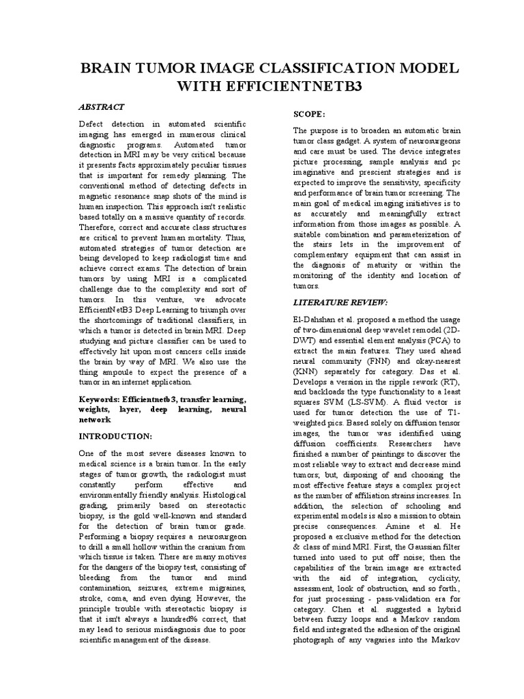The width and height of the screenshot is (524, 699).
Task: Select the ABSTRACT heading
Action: pyautogui.click(x=102, y=108)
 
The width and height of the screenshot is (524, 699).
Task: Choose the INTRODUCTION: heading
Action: pyautogui.click(x=115, y=436)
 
